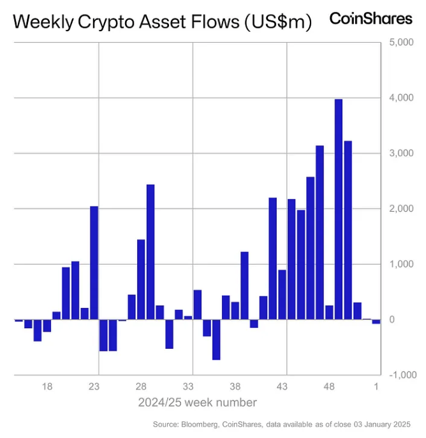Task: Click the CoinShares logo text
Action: pos(371,18)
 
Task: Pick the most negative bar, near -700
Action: pos(216,339)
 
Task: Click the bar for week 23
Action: pos(94,263)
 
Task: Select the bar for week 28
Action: pos(141,279)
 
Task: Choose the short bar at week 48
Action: pos(329,312)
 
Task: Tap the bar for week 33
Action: pos(188,317)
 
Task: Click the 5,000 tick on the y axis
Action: pos(400,43)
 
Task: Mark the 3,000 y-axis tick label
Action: pos(400,154)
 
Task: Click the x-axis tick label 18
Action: pos(47,386)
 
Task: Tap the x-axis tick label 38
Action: pos(235,386)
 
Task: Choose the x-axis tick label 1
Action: pos(376,386)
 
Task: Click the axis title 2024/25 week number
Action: pos(197,402)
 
